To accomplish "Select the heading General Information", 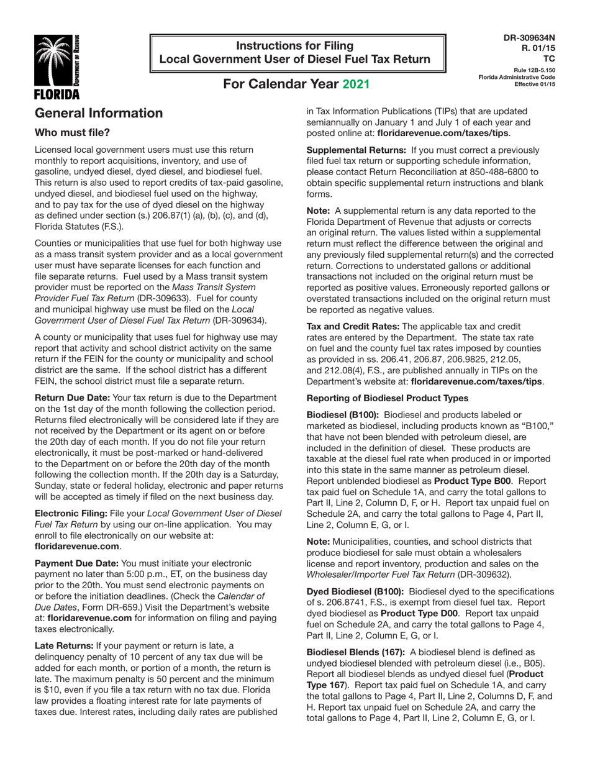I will pos(99,113).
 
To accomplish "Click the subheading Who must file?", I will pos(73,133).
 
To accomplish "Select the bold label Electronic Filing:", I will pos(71,513).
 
